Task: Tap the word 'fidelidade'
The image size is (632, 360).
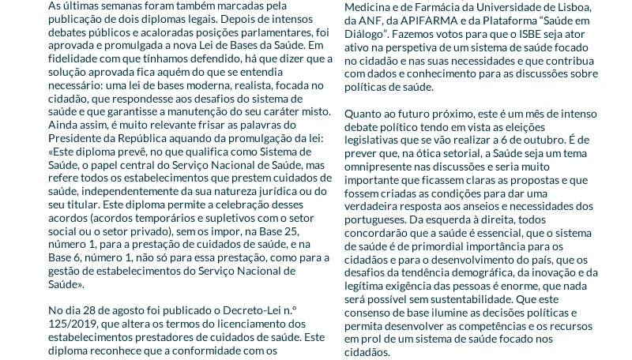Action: pyautogui.click(x=74, y=62)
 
